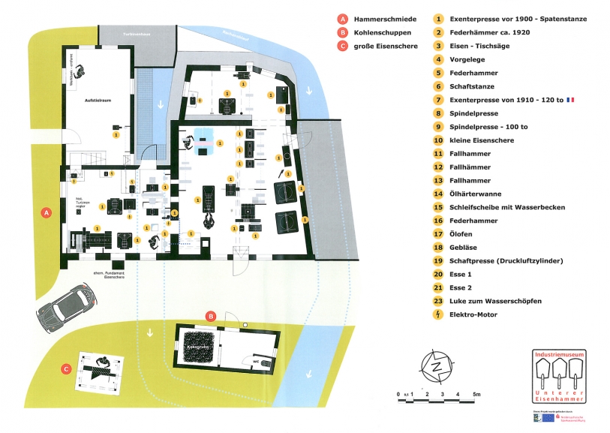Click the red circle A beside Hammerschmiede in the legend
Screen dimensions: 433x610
pyautogui.click(x=343, y=19)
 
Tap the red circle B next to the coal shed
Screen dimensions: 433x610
pyautogui.click(x=212, y=316)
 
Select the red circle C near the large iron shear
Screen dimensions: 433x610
pyautogui.click(x=68, y=368)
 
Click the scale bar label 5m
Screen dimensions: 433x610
pyautogui.click(x=476, y=394)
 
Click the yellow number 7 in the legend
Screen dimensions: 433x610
pyautogui.click(x=438, y=100)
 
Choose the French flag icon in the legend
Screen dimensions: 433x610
pyautogui.click(x=571, y=100)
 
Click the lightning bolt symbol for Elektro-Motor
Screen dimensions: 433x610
pyautogui.click(x=438, y=315)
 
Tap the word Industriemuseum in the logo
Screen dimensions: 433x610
pyautogui.click(x=558, y=353)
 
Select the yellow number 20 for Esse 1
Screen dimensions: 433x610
pyautogui.click(x=438, y=275)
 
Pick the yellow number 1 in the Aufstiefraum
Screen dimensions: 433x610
pyautogui.click(x=116, y=136)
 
